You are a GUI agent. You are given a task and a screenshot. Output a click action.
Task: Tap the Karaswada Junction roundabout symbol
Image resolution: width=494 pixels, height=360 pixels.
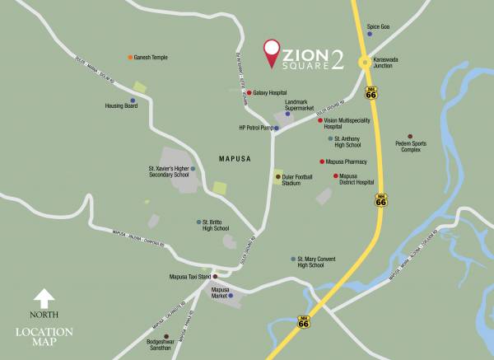click(363, 63)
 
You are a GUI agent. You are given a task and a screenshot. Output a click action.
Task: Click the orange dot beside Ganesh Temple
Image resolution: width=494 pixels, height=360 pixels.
click(130, 58)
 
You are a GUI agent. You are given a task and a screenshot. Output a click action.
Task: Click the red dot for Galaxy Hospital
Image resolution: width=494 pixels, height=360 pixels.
click(249, 93)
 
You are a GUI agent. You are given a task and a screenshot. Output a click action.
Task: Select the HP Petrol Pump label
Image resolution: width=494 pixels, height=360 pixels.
click(254, 128)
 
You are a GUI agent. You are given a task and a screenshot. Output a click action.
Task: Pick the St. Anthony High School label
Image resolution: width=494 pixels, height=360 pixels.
click(352, 142)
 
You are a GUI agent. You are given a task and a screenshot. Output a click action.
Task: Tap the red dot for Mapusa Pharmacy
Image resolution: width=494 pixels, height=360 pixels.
click(321, 162)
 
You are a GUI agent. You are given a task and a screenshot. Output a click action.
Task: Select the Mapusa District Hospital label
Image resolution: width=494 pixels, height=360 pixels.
click(357, 180)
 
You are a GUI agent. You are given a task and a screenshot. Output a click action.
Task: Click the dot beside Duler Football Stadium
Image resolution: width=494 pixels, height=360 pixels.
click(277, 176)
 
